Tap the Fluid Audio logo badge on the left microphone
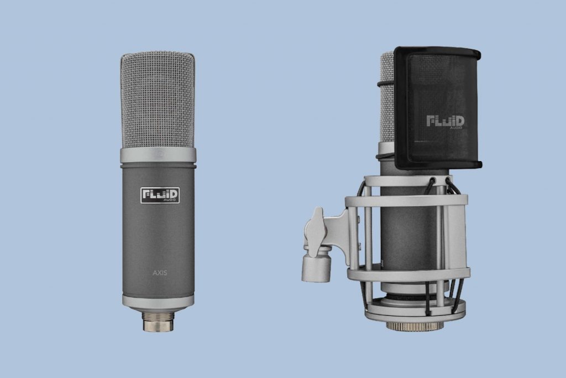coord(159,195)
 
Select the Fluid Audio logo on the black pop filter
coord(445,122)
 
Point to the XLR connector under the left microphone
coord(158,320)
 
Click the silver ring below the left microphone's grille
coord(158,155)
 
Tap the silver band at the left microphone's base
coord(158,302)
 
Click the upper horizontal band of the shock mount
coord(406,201)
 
